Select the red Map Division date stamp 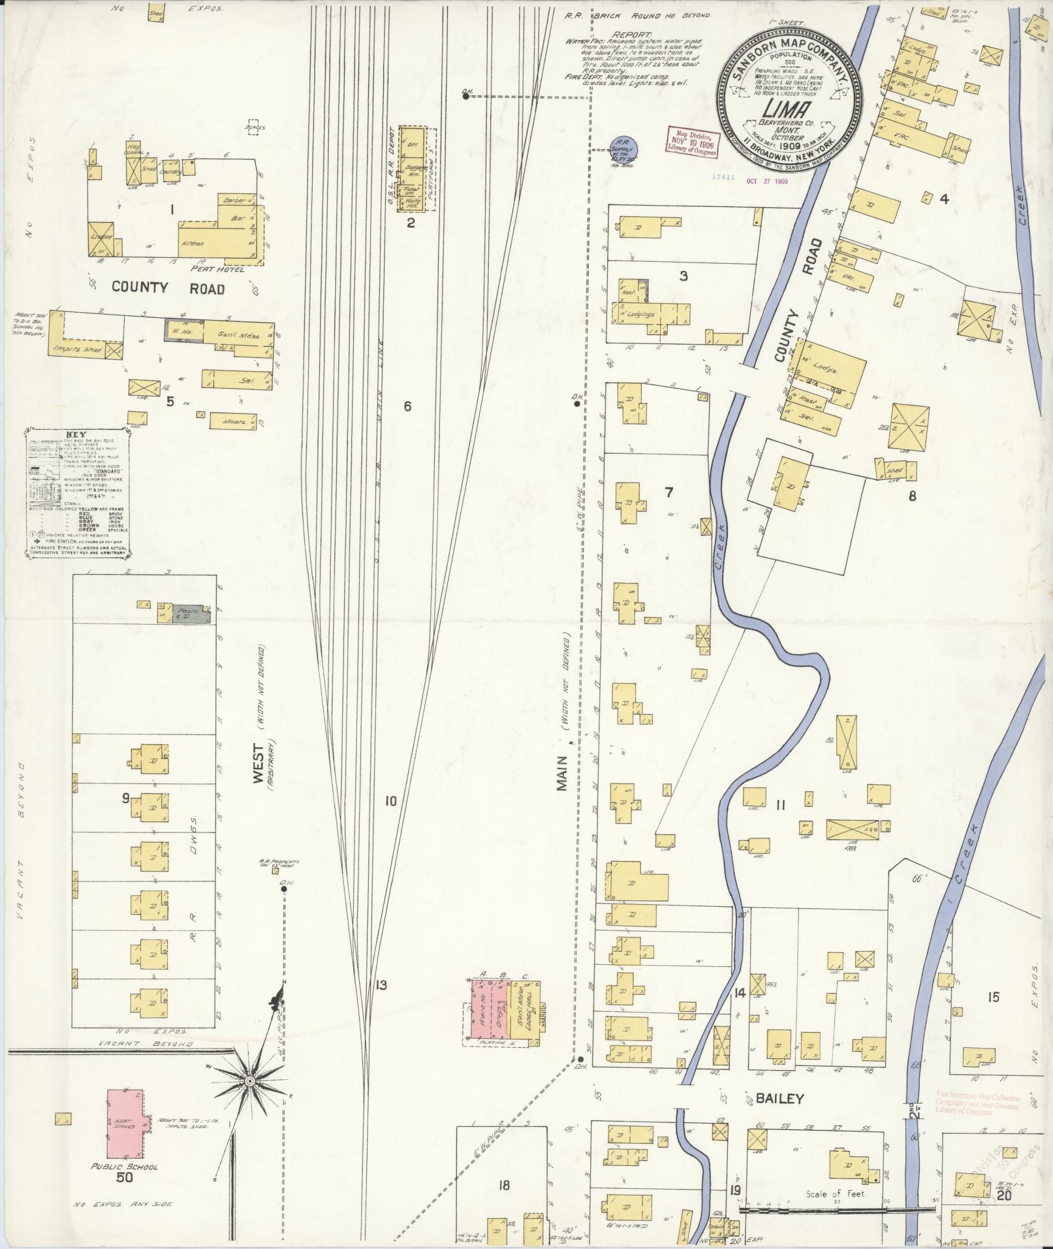coord(692,142)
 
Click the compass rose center coord(249,1082)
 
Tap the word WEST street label coord(259,764)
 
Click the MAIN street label coord(563,773)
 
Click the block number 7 coord(668,492)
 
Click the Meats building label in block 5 coord(234,421)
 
